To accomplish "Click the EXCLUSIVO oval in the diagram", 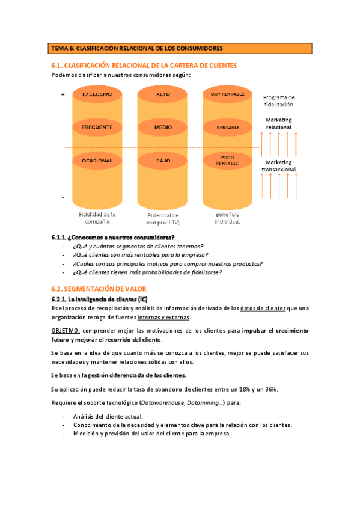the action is pyautogui.click(x=97, y=95).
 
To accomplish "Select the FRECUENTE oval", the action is pyautogui.click(x=97, y=127).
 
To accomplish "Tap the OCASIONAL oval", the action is pyautogui.click(x=97, y=161).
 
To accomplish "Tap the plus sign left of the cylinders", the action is pyautogui.click(x=63, y=95).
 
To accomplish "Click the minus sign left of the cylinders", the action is pyautogui.click(x=63, y=197).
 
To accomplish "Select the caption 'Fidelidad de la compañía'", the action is pyautogui.click(x=97, y=217).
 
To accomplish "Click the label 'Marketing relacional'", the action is pyautogui.click(x=278, y=123).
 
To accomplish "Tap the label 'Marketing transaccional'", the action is pyautogui.click(x=278, y=166).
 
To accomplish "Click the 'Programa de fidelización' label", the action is pyautogui.click(x=278, y=100).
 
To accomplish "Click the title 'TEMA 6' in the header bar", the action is pyautogui.click(x=61, y=48).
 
